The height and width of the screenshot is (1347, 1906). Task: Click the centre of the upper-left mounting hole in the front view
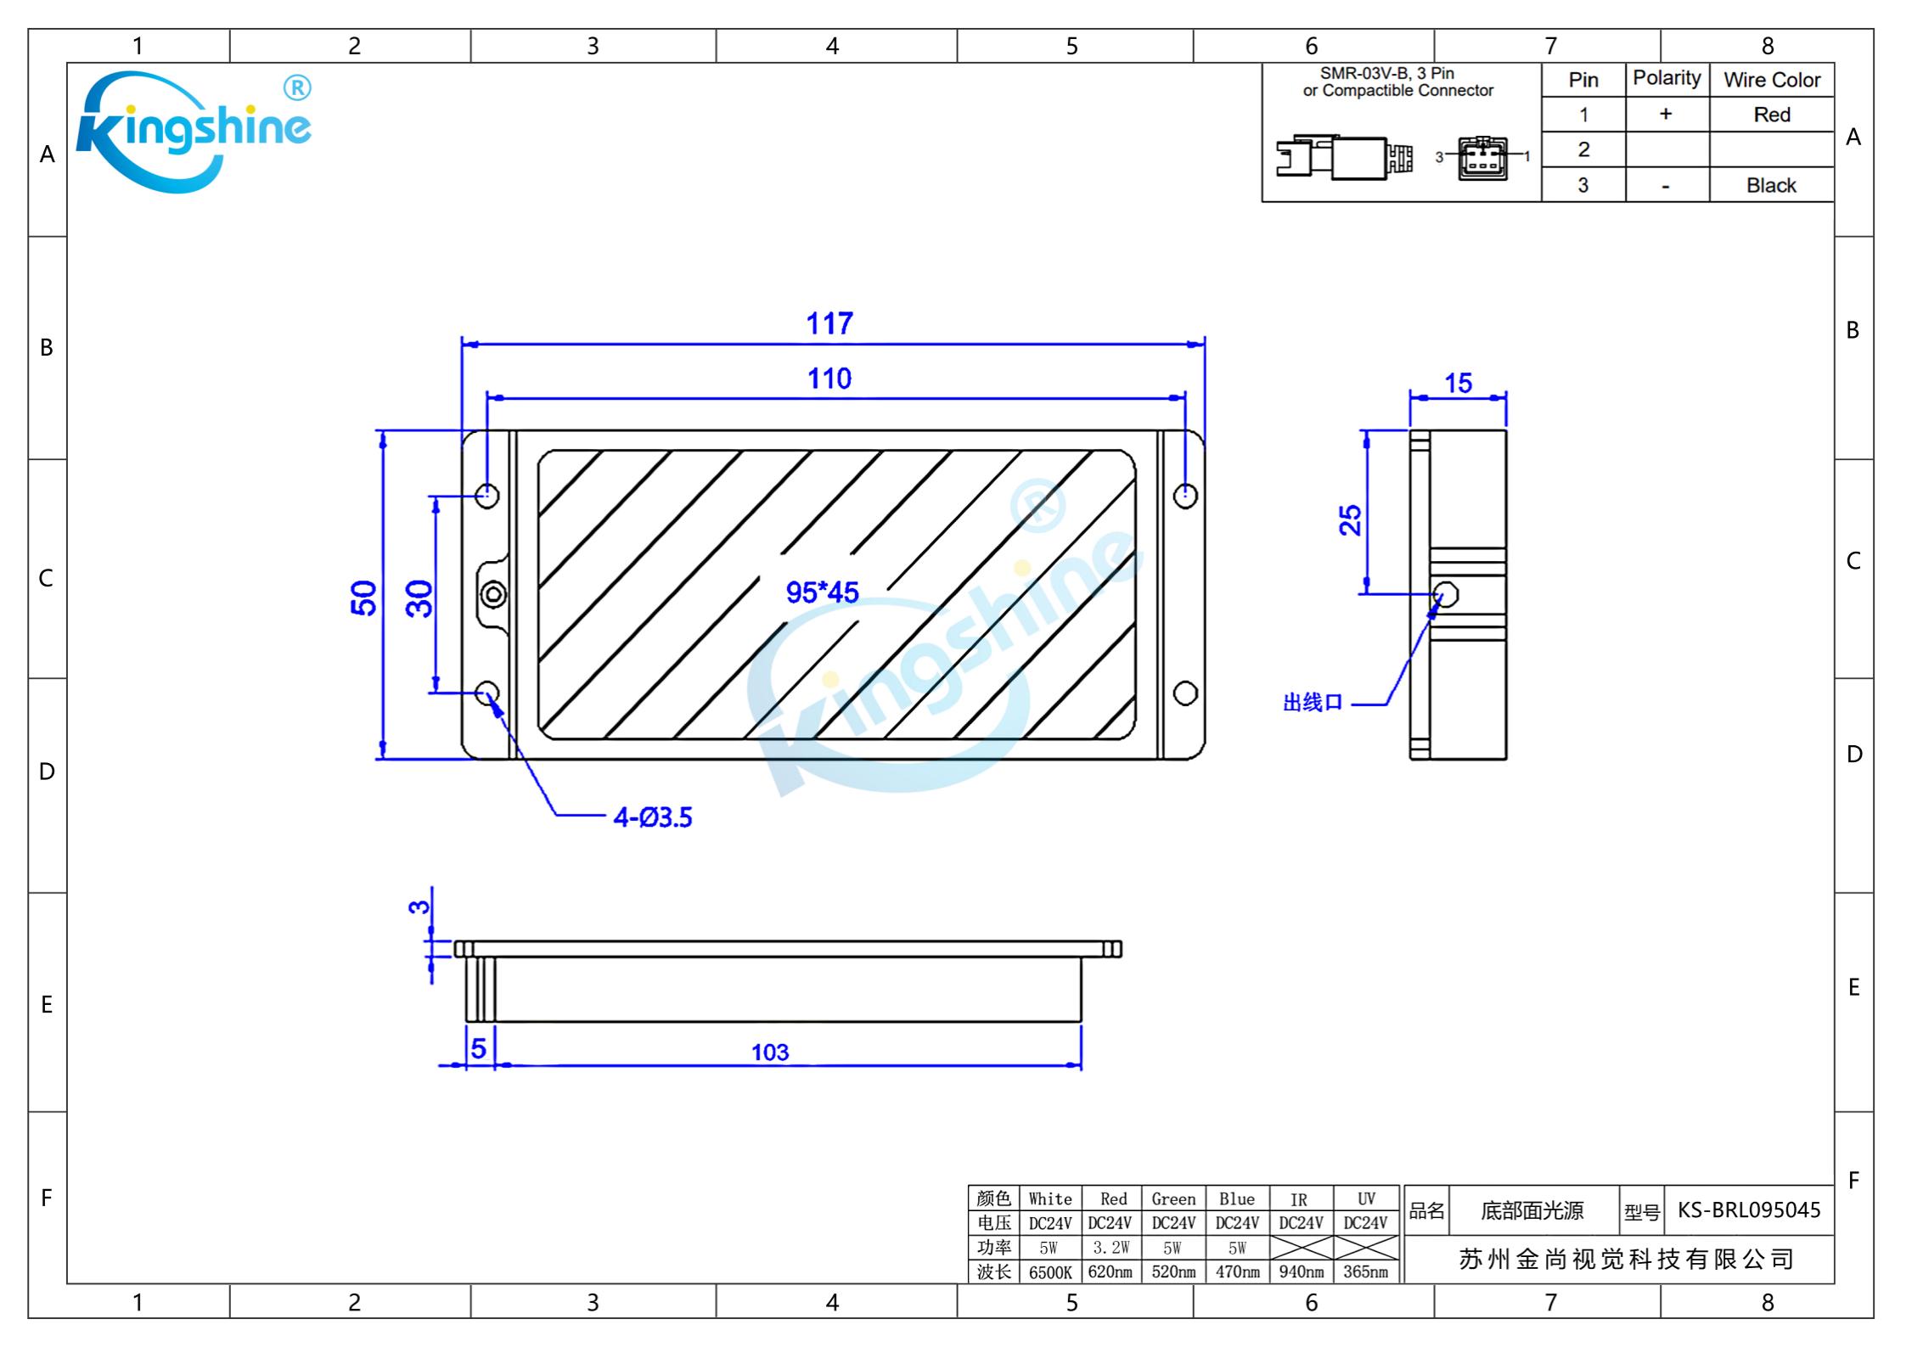487,495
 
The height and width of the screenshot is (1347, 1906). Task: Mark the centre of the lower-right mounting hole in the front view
1185,693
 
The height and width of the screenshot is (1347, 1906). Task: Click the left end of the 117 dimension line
463,345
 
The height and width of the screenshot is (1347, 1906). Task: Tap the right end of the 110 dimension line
1185,397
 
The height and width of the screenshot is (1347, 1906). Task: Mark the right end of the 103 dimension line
1081,1064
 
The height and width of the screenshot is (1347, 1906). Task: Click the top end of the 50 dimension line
383,431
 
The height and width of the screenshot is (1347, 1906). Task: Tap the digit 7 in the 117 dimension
844,323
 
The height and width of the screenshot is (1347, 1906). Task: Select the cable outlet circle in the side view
1446,594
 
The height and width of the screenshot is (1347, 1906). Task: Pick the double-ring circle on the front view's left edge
493,594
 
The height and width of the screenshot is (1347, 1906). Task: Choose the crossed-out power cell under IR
1301,1247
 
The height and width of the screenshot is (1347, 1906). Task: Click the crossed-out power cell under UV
1365,1247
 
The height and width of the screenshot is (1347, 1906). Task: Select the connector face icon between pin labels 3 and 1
1482,158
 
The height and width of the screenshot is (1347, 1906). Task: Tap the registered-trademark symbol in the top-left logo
296,88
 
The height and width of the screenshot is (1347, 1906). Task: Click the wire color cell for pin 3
1772,185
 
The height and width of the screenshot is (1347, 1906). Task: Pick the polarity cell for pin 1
1667,115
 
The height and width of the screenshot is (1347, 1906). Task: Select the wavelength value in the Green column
1173,1271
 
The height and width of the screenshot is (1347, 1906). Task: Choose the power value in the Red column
1110,1248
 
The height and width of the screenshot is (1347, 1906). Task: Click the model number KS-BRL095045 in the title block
1749,1209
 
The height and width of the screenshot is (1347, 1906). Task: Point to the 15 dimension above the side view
1459,383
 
